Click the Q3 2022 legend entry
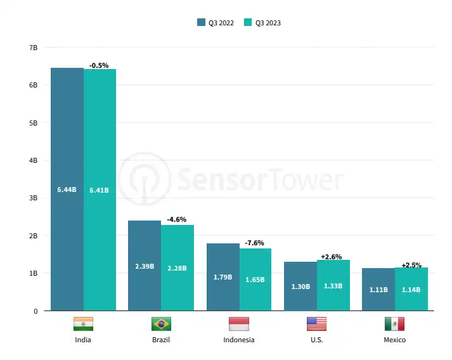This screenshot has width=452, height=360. click(x=216, y=23)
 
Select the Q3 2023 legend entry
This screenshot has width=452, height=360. click(x=262, y=23)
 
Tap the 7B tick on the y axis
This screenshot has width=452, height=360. click(x=33, y=48)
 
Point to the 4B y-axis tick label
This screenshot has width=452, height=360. click(x=33, y=160)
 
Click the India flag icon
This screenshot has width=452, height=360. click(x=83, y=324)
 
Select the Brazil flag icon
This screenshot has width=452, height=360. click(x=161, y=324)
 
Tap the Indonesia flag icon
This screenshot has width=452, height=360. click(x=238, y=324)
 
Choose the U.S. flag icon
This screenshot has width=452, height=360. click(x=316, y=324)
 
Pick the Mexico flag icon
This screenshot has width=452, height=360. click(x=394, y=324)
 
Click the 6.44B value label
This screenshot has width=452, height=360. click(x=67, y=190)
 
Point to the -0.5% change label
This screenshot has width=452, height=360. click(x=99, y=65)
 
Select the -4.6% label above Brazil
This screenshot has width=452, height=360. click(x=176, y=219)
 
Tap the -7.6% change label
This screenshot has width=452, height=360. click(x=254, y=243)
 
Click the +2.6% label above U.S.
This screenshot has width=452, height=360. click(x=332, y=257)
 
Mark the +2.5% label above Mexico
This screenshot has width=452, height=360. click(x=411, y=265)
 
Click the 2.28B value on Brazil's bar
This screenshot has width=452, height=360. click(x=177, y=268)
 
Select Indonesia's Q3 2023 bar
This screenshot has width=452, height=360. click(x=255, y=279)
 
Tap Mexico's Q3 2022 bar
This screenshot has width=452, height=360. click(x=378, y=289)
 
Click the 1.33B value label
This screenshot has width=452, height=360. click(x=332, y=286)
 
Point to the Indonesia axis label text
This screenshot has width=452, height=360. click(x=239, y=340)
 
